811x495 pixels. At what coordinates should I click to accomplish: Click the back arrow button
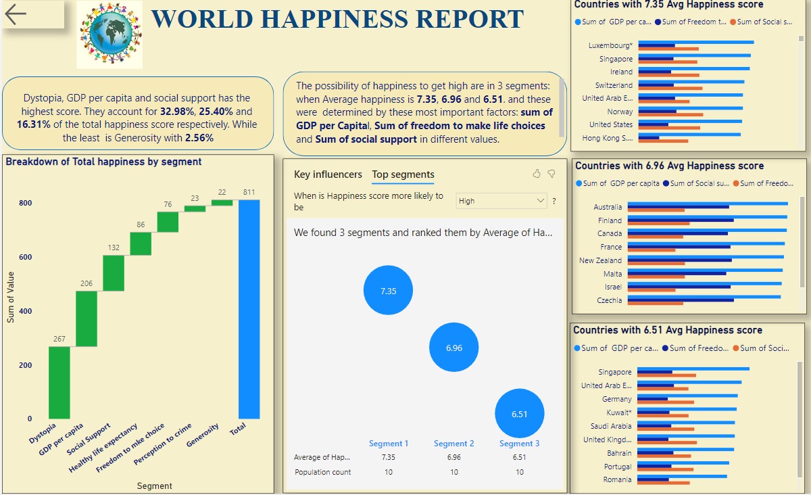(x=16, y=14)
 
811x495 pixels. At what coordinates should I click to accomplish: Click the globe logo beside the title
(x=109, y=34)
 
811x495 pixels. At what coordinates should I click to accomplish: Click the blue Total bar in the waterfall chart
(x=249, y=309)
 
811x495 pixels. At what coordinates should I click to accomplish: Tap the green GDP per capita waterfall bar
(x=87, y=319)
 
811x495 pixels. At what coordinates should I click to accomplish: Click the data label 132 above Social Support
(x=113, y=248)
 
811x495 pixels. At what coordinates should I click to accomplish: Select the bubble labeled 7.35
(x=388, y=291)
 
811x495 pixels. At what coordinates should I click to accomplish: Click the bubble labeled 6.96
(x=453, y=348)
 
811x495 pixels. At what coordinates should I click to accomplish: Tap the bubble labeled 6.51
(x=519, y=414)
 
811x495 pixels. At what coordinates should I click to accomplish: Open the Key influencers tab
(x=328, y=174)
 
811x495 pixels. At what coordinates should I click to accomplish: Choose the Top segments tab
(x=403, y=174)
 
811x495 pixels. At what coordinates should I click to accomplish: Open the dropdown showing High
(x=501, y=201)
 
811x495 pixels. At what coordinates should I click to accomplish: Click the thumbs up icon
(x=537, y=174)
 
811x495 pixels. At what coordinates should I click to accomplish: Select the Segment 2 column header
(x=453, y=444)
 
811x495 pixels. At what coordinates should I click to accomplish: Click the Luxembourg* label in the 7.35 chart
(x=611, y=46)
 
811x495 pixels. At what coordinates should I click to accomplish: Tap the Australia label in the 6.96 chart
(x=608, y=207)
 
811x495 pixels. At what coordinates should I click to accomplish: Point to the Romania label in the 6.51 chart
(x=617, y=479)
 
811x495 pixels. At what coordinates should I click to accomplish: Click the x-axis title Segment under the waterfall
(x=154, y=486)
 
